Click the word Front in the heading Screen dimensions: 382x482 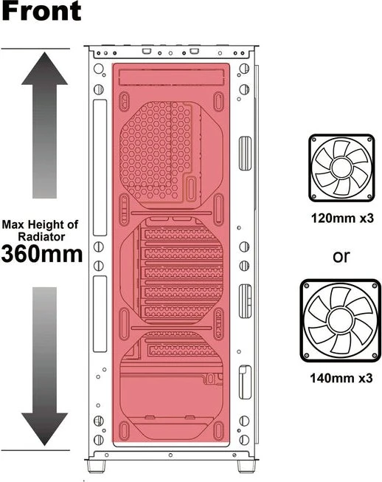click(41, 11)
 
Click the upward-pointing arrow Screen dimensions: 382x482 click(44, 125)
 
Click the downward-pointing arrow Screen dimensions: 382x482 click(44, 366)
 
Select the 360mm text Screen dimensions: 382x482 click(42, 254)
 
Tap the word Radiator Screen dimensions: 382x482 click(41, 237)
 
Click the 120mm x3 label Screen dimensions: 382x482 click(342, 218)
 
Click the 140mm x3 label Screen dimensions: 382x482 click(341, 378)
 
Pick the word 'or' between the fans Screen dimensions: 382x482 click(341, 256)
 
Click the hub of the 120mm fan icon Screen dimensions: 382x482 click(341, 168)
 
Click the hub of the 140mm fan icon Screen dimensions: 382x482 click(340, 320)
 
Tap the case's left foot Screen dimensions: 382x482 click(97, 466)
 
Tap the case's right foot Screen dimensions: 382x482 click(246, 466)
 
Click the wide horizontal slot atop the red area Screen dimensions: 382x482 click(171, 78)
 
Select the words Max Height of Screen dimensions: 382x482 click(40, 224)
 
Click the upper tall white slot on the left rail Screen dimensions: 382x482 click(100, 168)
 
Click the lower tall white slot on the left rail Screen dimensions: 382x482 click(100, 314)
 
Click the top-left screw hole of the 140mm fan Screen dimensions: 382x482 click(307, 286)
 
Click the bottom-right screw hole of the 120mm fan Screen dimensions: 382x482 click(369, 196)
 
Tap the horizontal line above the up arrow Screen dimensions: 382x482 click(35, 49)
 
